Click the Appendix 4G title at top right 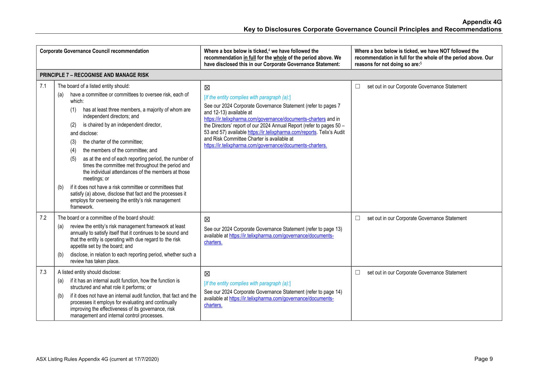pos(482,22)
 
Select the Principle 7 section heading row pos(94,75)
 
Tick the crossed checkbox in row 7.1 pos(207,88)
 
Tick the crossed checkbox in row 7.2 pos(207,219)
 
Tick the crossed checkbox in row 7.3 pos(207,274)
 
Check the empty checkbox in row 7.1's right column pos(357,86)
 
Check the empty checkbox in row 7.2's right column pos(357,218)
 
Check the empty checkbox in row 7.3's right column pos(357,272)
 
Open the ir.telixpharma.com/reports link pos(282,132)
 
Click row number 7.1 pos(43,86)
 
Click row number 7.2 pos(43,218)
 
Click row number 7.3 pos(43,272)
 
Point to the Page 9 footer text pos(483,359)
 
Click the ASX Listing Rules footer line pos(97,359)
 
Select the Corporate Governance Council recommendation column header pos(94,51)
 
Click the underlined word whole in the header pos(280,58)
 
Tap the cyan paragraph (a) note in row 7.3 pos(247,283)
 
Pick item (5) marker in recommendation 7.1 pos(73,159)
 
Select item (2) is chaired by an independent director pos(122,125)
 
